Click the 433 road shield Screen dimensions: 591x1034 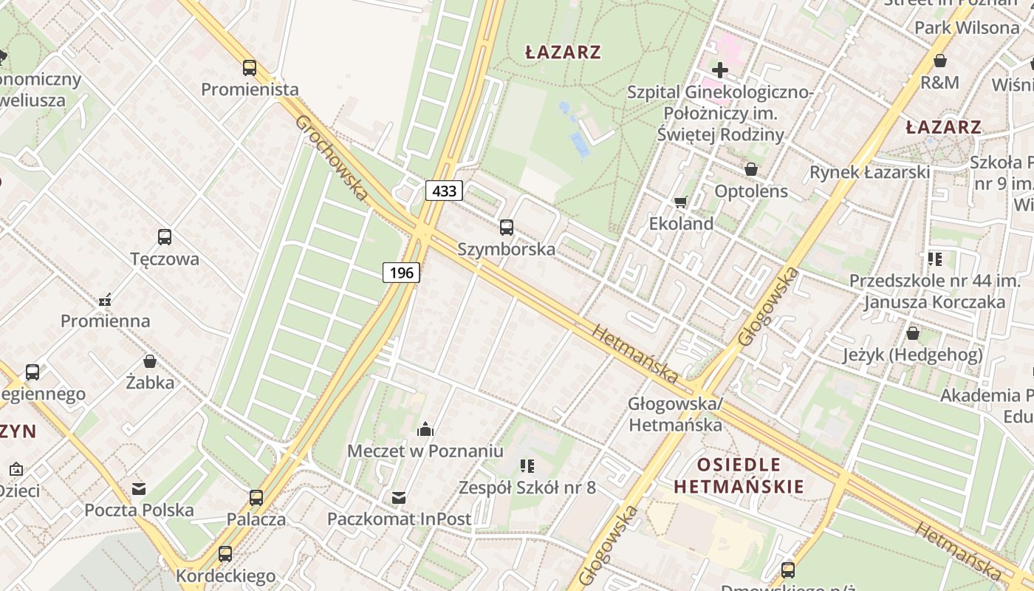tap(444, 191)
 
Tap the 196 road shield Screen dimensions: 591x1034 tap(402, 273)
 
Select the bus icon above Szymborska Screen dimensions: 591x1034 tap(506, 228)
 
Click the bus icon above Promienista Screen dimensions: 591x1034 tap(250, 68)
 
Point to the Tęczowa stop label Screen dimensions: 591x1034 tap(165, 259)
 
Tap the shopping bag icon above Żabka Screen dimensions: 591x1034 tap(150, 361)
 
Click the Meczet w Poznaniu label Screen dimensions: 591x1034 tap(425, 451)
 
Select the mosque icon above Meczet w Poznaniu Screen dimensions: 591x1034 tap(425, 428)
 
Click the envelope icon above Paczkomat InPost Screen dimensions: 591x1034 tap(399, 498)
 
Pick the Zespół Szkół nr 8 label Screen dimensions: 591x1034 tap(527, 488)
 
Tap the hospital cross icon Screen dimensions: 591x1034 tap(719, 71)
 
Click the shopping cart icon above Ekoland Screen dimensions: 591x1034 tap(681, 202)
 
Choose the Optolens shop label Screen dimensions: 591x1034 tap(751, 191)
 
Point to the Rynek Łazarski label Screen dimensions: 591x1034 tap(869, 172)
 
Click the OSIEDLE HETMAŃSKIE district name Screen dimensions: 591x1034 tap(739, 476)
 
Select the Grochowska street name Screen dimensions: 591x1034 tap(332, 157)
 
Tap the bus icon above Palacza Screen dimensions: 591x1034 tap(256, 497)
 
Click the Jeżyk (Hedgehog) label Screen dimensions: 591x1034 tap(913, 355)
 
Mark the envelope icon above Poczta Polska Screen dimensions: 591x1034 tap(139, 488)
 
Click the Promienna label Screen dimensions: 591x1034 tap(105, 321)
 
